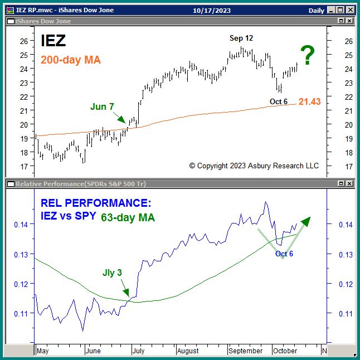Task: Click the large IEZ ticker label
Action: click(x=53, y=41)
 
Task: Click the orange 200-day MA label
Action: click(x=71, y=60)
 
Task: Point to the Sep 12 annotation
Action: click(x=242, y=38)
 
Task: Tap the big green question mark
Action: click(x=308, y=56)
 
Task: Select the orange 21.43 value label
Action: click(x=310, y=101)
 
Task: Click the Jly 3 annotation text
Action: click(x=111, y=273)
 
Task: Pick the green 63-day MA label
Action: click(x=128, y=217)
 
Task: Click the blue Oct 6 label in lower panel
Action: click(x=284, y=254)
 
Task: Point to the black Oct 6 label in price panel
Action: click(x=279, y=101)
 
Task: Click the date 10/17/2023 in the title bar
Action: click(x=212, y=11)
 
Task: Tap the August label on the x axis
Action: click(x=187, y=351)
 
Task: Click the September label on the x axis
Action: click(x=245, y=351)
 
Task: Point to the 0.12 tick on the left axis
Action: click(x=20, y=284)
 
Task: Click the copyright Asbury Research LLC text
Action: click(x=254, y=166)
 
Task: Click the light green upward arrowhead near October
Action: click(x=305, y=221)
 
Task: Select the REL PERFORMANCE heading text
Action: click(x=95, y=203)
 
